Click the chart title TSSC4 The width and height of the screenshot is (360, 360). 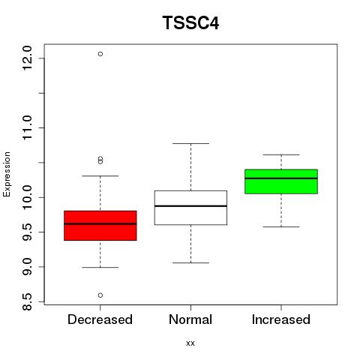(x=190, y=22)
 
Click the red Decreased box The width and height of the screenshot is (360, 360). (x=100, y=226)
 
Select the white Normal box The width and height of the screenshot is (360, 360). (x=190, y=208)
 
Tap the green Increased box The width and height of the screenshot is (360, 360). (x=281, y=181)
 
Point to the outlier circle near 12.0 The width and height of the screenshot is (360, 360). (x=100, y=54)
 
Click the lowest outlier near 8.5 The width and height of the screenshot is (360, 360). (x=100, y=295)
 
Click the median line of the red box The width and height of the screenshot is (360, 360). (x=100, y=223)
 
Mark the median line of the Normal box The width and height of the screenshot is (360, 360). (x=190, y=206)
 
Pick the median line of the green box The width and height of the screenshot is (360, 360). (x=281, y=178)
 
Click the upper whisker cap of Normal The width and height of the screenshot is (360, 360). (x=190, y=143)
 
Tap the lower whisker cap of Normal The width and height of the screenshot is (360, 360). (x=190, y=262)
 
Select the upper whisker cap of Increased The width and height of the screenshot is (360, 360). (x=281, y=154)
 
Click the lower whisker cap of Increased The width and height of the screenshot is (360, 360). (x=281, y=226)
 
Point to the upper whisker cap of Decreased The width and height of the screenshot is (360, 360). (x=100, y=175)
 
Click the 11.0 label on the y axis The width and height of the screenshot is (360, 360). (x=27, y=127)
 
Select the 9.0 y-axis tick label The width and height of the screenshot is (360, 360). (x=27, y=267)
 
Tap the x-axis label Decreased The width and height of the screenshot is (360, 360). (x=100, y=319)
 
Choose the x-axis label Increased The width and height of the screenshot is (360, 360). (x=281, y=319)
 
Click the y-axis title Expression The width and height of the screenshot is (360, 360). (x=7, y=174)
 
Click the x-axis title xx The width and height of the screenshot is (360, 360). (x=190, y=343)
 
